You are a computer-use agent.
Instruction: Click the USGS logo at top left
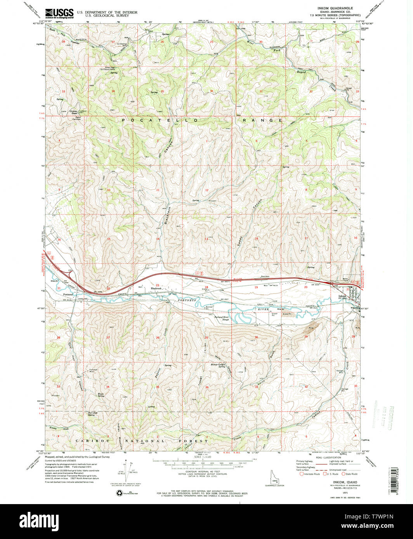pyautogui.click(x=59, y=14)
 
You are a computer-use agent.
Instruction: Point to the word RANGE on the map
pyautogui.click(x=262, y=121)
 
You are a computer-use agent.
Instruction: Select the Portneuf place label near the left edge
pyautogui.click(x=68, y=294)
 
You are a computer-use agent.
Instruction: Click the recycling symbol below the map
pyautogui.click(x=120, y=493)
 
